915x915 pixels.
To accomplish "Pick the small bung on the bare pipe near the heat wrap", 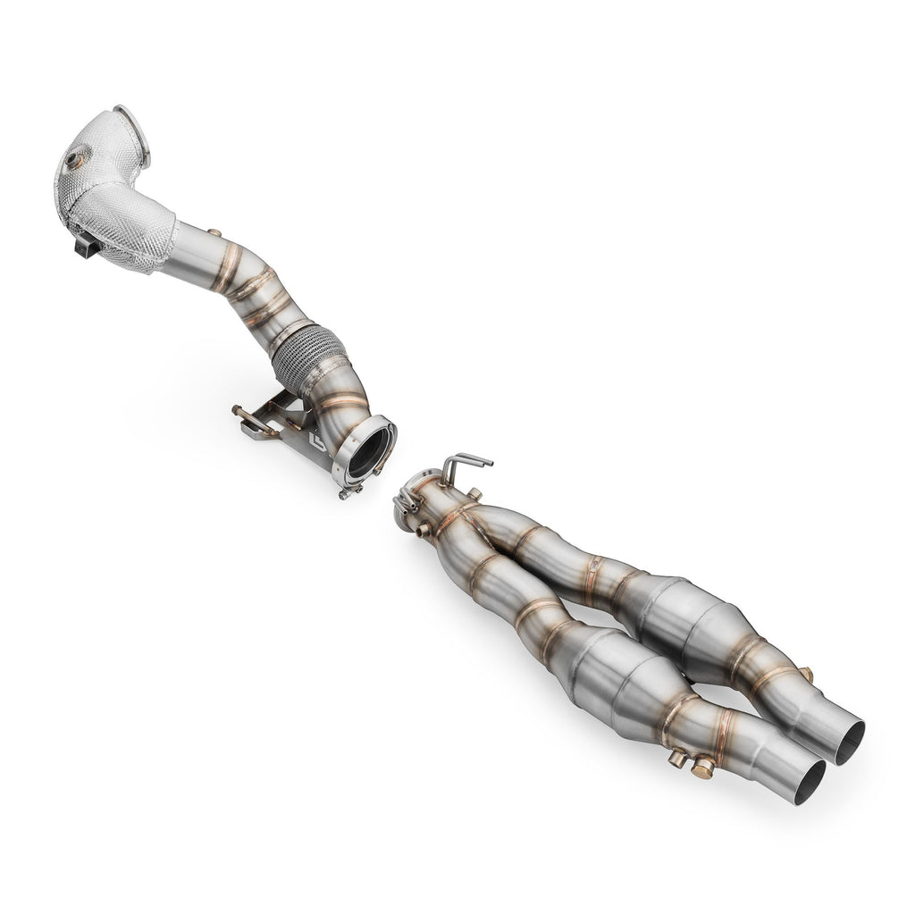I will tap(214, 234).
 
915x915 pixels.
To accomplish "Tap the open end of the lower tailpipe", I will tap(809, 781).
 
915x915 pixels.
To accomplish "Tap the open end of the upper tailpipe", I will tap(850, 742).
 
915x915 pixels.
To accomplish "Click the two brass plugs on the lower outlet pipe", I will tap(690, 761).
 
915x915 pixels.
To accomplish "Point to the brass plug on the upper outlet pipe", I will tap(806, 675).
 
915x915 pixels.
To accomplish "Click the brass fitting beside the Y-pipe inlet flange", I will tap(422, 530).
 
